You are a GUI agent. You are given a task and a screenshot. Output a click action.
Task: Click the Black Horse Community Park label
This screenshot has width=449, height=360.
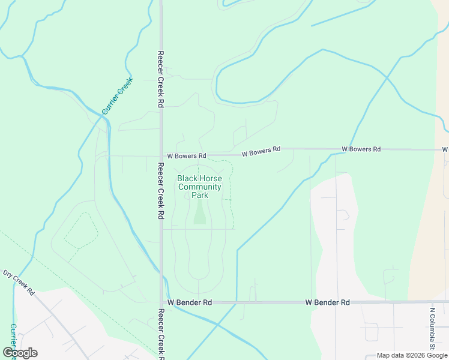(x=199, y=187)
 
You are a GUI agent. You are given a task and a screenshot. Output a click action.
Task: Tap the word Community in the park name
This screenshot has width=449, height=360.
(x=200, y=187)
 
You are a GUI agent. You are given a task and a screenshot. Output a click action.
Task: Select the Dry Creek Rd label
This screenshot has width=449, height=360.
(x=19, y=282)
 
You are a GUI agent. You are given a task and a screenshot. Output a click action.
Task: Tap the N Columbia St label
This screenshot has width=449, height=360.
(x=432, y=329)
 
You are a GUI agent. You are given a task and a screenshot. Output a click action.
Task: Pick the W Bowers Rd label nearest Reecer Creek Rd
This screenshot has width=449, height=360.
(x=186, y=155)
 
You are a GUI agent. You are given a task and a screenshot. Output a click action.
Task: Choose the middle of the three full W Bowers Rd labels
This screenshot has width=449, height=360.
(x=261, y=152)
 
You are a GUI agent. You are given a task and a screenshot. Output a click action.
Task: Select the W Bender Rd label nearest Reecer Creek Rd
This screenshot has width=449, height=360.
(x=190, y=303)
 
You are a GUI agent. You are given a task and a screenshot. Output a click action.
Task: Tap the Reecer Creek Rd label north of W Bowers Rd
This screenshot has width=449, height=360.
(x=160, y=79)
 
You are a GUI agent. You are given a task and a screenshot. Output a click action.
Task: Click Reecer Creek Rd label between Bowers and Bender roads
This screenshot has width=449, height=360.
(x=160, y=190)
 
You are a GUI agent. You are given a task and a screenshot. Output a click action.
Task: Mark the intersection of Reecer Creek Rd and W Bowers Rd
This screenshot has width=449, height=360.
(x=160, y=156)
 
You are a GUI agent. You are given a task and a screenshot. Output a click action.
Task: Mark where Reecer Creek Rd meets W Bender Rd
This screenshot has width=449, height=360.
(x=160, y=303)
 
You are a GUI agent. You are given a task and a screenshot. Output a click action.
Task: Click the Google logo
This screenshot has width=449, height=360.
(x=20, y=353)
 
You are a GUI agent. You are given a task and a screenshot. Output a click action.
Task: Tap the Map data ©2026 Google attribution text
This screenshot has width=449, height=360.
(x=412, y=355)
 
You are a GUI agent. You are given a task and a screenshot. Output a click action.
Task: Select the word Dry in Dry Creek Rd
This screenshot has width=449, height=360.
(x=8, y=275)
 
